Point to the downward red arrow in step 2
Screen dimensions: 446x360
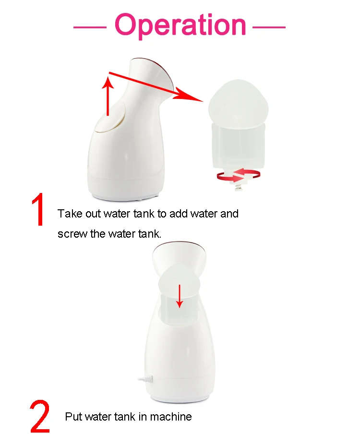pos(180,296)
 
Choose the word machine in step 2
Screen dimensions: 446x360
pos(171,417)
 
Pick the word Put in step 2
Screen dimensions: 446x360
pos(74,417)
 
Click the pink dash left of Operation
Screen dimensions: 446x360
pos(89,27)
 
